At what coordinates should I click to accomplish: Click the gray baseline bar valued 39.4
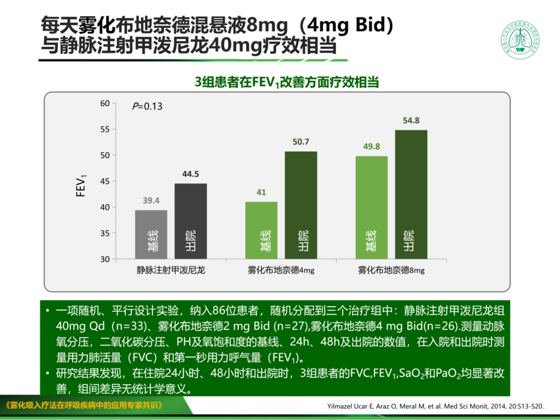151,234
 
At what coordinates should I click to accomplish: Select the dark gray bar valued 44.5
190,221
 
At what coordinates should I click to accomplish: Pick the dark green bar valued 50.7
301,205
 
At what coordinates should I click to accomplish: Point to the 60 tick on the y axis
105,104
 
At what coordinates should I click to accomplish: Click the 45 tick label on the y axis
105,181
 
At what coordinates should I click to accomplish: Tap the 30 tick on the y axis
105,259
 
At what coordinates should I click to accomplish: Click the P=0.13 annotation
147,106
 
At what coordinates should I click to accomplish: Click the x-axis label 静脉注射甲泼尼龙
171,269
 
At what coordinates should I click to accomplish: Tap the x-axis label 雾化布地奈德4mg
281,270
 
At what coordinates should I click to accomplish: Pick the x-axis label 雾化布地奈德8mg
391,270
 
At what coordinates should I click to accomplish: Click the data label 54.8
411,120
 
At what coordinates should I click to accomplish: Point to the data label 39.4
151,200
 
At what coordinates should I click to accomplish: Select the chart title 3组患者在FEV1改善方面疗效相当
288,83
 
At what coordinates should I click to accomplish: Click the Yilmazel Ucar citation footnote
434,406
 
